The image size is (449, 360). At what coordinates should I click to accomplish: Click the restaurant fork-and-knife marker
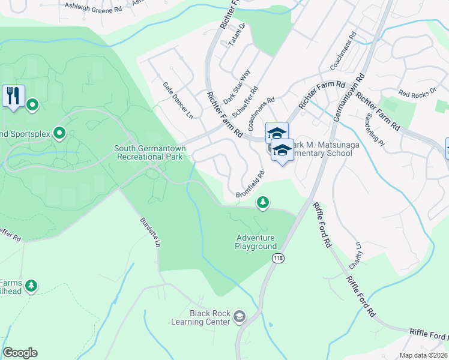tap(13, 96)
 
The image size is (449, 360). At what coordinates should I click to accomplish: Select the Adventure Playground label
tap(256, 242)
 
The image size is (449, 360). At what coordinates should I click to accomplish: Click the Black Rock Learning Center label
tap(209, 317)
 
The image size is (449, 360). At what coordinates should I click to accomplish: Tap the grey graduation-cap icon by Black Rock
tap(240, 316)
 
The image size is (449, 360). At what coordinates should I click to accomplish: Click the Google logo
tap(20, 353)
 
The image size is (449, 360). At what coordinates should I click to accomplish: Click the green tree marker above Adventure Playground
tap(262, 203)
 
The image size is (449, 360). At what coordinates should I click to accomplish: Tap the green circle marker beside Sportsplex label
tap(59, 133)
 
